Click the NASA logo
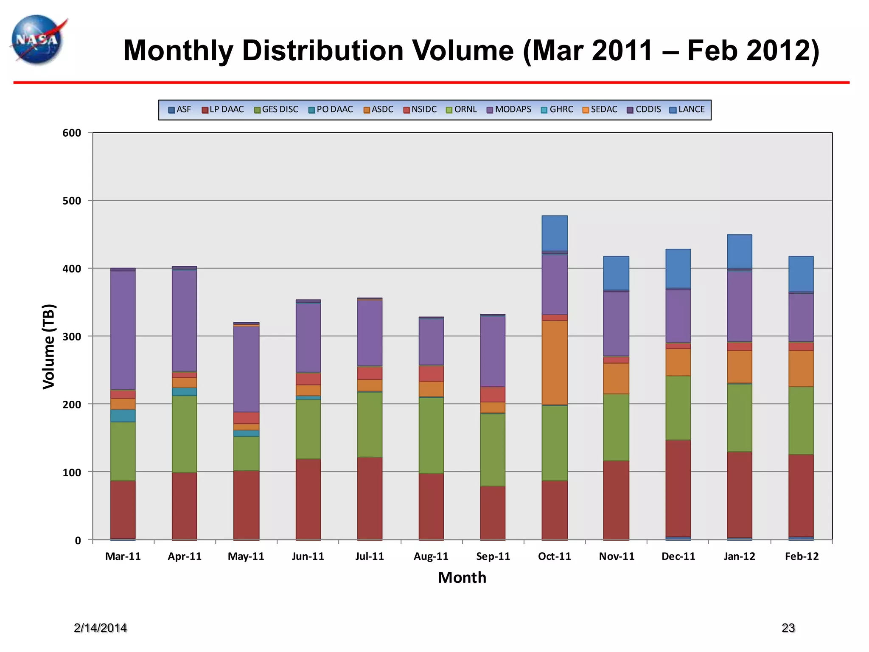click(x=37, y=40)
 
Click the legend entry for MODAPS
click(x=509, y=110)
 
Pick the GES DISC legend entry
click(x=276, y=110)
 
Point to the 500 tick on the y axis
click(x=72, y=201)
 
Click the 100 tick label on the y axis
click(x=72, y=472)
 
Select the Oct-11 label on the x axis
click(x=554, y=556)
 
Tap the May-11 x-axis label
click(x=246, y=556)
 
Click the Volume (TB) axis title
click(x=49, y=346)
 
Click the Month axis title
click(x=462, y=578)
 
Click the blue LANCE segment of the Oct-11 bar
click(x=554, y=233)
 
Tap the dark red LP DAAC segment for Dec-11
click(x=678, y=488)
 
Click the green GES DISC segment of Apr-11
click(x=184, y=433)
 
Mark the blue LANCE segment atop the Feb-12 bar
click(x=801, y=273)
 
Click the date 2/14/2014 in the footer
click(x=100, y=628)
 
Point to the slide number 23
click(x=788, y=628)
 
